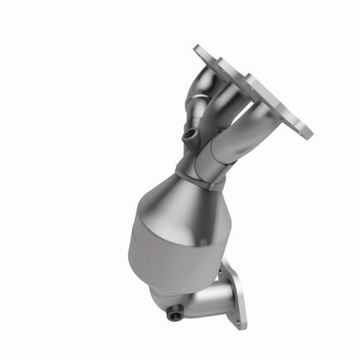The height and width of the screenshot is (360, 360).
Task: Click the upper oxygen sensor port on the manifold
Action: [188, 136]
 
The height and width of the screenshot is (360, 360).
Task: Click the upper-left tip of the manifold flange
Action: [199, 50]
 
